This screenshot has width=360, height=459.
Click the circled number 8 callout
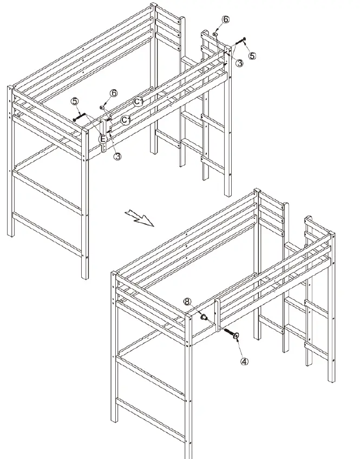[x=187, y=302]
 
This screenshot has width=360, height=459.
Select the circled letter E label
[x=103, y=139]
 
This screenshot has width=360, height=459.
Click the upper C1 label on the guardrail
[x=139, y=101]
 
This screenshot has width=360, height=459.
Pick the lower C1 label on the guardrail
[x=126, y=119]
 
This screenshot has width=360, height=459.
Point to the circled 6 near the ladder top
[x=225, y=19]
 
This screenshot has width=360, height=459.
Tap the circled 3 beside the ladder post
[x=239, y=63]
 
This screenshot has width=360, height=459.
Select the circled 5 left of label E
[x=75, y=101]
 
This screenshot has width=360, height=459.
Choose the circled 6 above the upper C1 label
[x=114, y=93]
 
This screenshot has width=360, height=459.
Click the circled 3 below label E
[x=117, y=157]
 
